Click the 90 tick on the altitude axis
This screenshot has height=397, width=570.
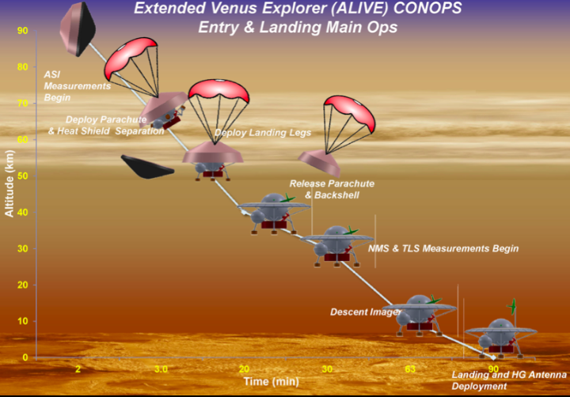tap(22, 31)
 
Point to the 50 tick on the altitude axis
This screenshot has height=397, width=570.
tap(22, 176)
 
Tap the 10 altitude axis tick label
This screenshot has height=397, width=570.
tap(22, 321)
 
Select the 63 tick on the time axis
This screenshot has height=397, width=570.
tap(410, 369)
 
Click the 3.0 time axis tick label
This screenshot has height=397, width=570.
tap(161, 369)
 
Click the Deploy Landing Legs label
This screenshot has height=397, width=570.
tap(263, 132)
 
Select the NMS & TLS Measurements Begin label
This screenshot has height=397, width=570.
tap(443, 248)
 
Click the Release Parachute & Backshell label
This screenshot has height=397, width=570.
tap(332, 188)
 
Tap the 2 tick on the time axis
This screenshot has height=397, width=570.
tap(78, 369)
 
